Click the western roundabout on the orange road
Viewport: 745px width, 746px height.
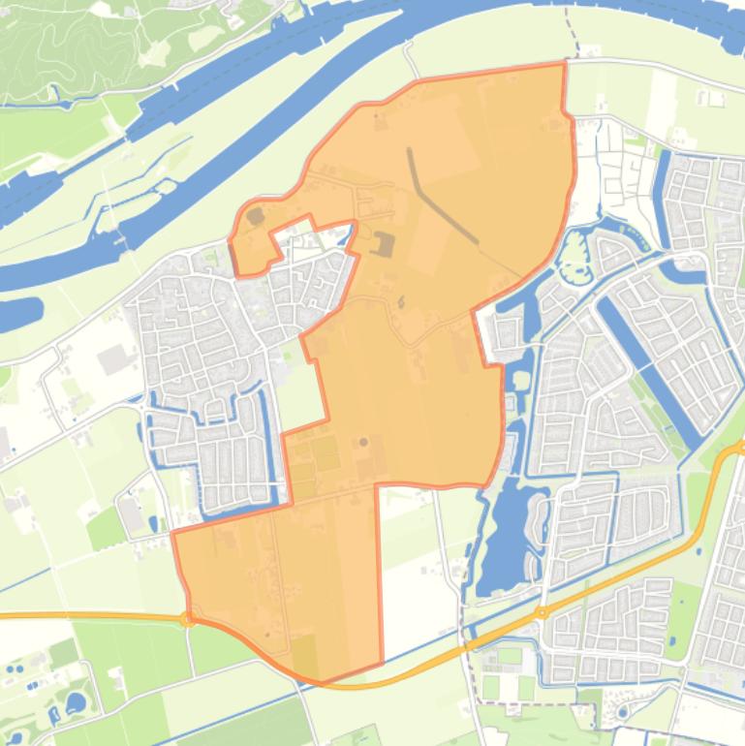(188, 619)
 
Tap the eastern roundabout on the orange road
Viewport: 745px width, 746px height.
(542, 612)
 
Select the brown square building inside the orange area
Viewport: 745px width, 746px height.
(385, 244)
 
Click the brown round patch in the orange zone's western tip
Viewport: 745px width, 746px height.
(255, 216)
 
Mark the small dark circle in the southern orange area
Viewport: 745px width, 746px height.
(363, 443)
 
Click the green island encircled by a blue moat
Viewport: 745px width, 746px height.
(575, 255)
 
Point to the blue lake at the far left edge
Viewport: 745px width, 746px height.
(19, 313)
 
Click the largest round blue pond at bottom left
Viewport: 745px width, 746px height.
(75, 701)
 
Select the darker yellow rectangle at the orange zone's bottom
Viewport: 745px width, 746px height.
(303, 655)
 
